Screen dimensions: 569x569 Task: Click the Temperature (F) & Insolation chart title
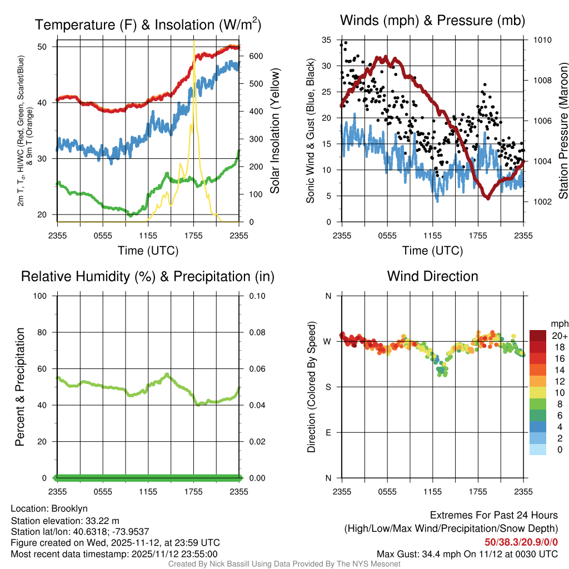[x=148, y=24]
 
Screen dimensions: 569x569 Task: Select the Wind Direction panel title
[x=432, y=276]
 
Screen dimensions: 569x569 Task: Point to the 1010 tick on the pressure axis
[x=542, y=40]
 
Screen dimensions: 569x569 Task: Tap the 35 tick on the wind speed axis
[x=327, y=40]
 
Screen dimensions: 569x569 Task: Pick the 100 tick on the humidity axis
[x=44, y=296]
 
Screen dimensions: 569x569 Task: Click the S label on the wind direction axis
[x=328, y=387]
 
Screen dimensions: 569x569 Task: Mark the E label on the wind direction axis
[x=328, y=433]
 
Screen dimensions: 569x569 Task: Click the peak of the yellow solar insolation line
[x=193, y=42]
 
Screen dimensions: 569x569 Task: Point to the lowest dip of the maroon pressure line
[x=487, y=197]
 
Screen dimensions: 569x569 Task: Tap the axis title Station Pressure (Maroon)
[x=563, y=131]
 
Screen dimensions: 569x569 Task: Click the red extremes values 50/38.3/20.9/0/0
[x=521, y=542]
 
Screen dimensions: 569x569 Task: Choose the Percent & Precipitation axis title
[x=19, y=387]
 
